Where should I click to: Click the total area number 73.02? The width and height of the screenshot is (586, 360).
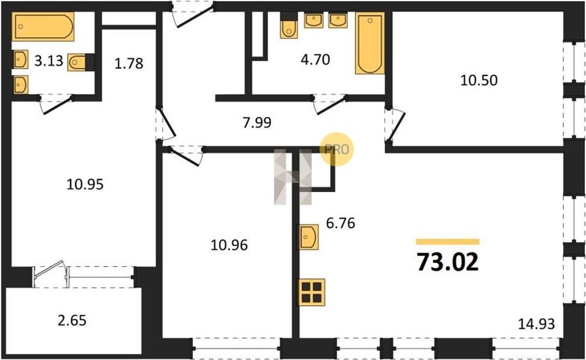click(448, 262)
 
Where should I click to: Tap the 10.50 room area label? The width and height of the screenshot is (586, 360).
click(479, 80)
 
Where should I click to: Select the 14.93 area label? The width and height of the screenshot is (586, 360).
click(537, 324)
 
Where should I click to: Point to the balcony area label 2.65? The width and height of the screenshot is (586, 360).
click(72, 320)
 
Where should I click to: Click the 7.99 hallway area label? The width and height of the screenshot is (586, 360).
click(257, 122)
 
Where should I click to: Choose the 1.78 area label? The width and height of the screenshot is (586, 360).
click(129, 63)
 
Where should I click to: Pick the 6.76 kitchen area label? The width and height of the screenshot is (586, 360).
click(341, 223)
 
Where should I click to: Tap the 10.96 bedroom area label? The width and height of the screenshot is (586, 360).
click(229, 245)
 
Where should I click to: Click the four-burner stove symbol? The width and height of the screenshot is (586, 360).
click(311, 292)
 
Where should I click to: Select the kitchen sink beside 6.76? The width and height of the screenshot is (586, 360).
click(308, 237)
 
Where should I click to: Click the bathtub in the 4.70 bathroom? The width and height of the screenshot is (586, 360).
click(370, 43)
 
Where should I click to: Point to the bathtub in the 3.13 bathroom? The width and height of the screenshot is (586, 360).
click(43, 26)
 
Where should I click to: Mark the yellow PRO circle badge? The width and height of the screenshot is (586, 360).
click(337, 149)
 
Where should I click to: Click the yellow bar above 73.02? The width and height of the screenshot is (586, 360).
click(448, 242)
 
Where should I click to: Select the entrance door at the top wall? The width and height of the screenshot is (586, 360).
click(193, 14)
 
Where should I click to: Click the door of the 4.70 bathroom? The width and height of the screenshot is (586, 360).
click(329, 104)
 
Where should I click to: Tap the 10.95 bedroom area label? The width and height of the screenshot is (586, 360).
click(85, 184)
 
